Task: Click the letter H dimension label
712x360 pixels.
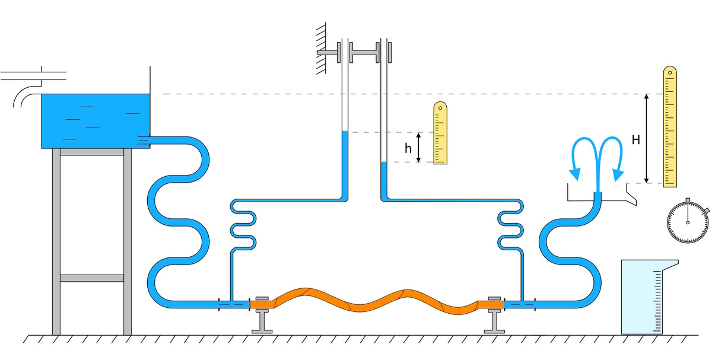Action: click(635, 141)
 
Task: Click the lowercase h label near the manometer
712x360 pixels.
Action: click(408, 148)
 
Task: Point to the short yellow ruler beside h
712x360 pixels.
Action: click(440, 133)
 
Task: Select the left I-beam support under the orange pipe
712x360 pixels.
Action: click(261, 321)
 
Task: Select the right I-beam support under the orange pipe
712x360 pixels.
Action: click(494, 321)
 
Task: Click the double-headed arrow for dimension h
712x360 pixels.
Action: click(419, 147)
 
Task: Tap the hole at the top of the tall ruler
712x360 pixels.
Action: click(670, 74)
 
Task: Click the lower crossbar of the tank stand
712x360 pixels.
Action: click(92, 278)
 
